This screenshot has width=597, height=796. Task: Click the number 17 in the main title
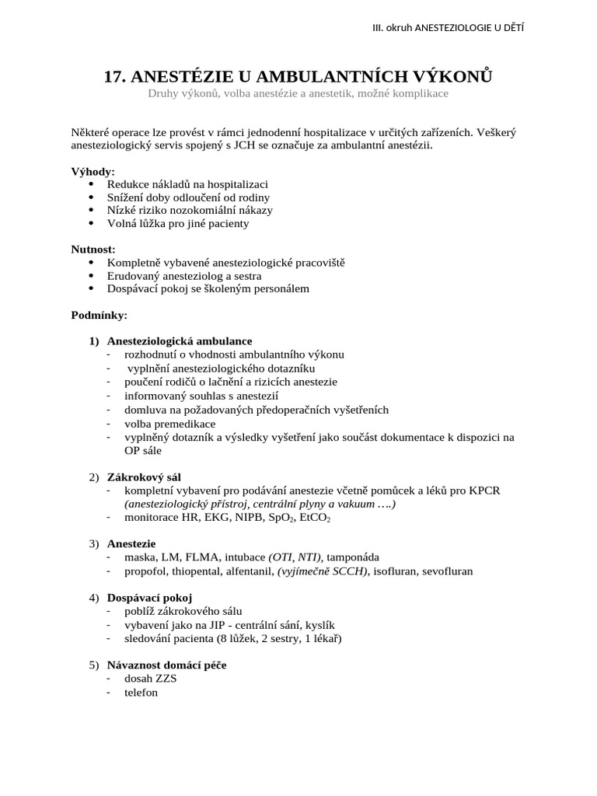tap(114, 76)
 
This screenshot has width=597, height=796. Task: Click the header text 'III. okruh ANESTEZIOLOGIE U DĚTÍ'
tap(449, 29)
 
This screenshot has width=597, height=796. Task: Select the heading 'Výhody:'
tap(93, 171)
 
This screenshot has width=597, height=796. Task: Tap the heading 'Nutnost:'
tap(93, 250)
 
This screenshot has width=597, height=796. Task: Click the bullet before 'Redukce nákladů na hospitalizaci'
tap(93, 184)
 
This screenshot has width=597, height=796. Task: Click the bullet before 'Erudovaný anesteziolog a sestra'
tap(93, 276)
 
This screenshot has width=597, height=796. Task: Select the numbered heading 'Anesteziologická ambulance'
tap(179, 340)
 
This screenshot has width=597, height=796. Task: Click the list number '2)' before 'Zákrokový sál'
tap(94, 477)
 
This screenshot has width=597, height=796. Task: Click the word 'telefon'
tap(141, 692)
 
